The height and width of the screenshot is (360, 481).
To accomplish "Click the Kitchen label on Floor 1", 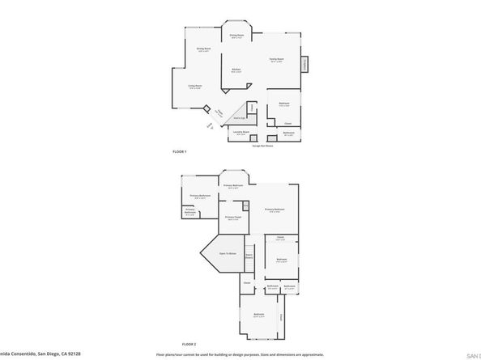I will coord(236,70).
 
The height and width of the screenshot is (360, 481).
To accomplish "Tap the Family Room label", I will coord(276,60).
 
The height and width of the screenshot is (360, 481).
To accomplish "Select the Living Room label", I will coord(195,87).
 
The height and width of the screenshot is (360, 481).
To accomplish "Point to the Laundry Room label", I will coord(241,133).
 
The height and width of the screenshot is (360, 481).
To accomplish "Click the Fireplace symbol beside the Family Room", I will coord(304,64).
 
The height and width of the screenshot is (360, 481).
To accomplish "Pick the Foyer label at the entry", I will coord(219,112).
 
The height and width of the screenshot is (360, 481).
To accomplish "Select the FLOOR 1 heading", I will coord(180,152).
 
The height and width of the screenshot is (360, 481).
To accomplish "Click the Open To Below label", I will coord(228,254).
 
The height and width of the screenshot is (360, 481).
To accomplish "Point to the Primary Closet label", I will coord(233,218).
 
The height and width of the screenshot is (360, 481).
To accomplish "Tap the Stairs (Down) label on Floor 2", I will coord(249,256).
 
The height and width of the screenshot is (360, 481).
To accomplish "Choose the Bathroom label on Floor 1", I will coord(288,133).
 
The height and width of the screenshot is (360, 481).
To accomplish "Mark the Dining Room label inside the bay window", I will coord(236,36).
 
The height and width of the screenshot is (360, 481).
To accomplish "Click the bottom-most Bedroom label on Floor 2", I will coord(258,314).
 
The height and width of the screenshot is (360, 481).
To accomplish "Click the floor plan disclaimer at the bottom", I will coord(240,354).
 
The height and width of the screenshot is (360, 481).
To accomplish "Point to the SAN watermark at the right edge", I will coord(474,354).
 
